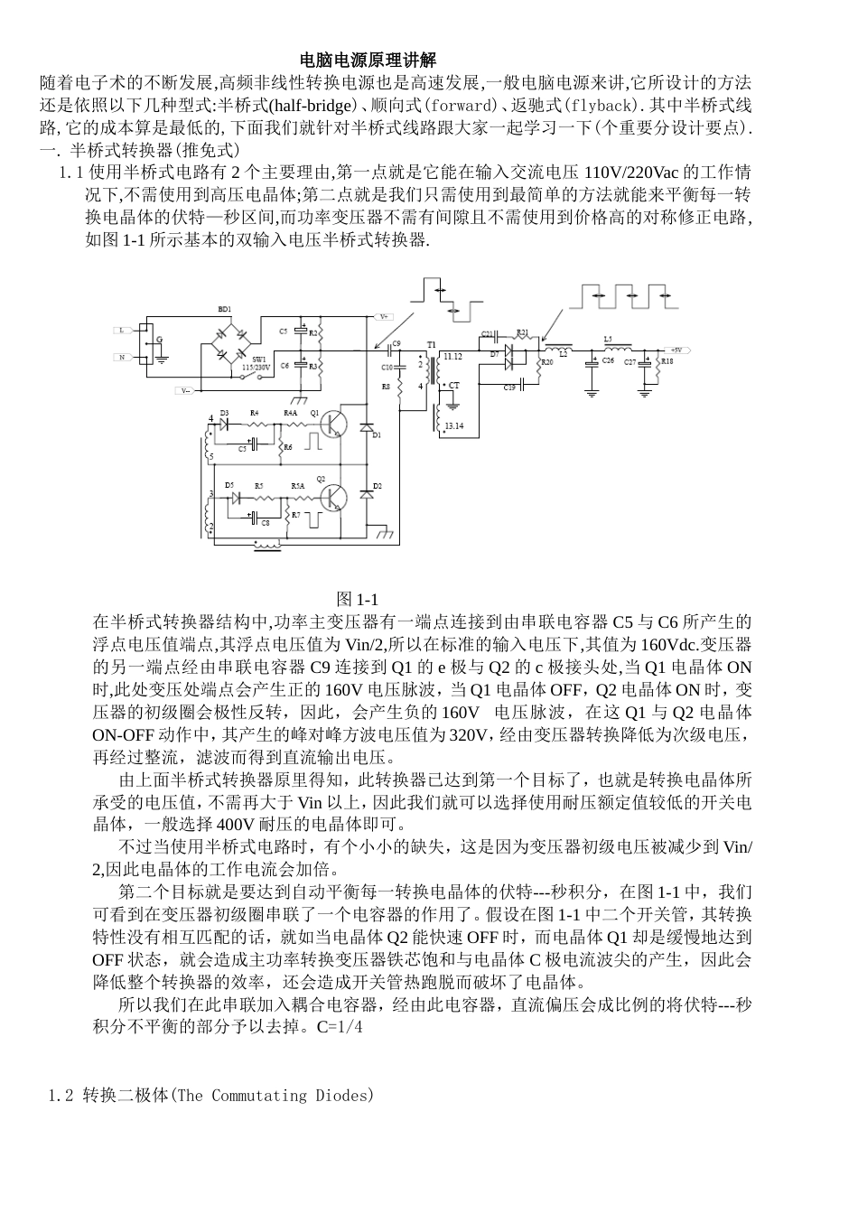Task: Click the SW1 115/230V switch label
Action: tap(256, 363)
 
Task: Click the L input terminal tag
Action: tap(121, 331)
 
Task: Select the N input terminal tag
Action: tap(121, 358)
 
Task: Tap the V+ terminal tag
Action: tap(383, 316)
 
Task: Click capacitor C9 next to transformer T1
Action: tap(394, 349)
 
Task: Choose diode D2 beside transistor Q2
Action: tap(367, 494)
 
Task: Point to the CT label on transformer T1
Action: tap(454, 386)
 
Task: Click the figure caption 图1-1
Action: tap(356, 600)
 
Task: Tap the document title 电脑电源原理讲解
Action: tap(368, 61)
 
